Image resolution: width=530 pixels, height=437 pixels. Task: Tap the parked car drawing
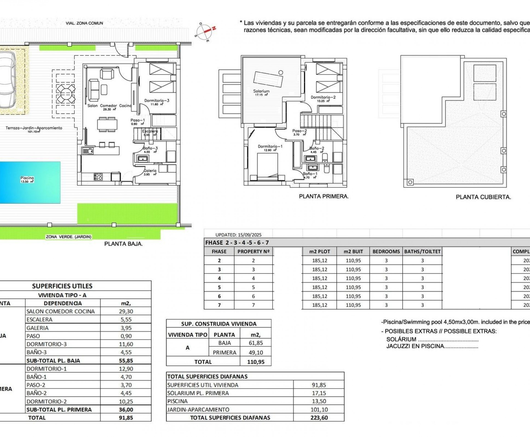pos(6,79)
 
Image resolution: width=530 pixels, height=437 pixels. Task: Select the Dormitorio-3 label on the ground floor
pos(157,101)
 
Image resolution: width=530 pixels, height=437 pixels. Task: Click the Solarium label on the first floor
pos(261,91)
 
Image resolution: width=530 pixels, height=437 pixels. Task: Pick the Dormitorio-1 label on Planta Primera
pos(270,147)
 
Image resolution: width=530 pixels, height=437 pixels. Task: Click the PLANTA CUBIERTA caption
pos(483,197)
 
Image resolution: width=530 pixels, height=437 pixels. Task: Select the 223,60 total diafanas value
pos(319,418)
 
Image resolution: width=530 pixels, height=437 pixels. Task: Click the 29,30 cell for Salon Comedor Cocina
pos(126,311)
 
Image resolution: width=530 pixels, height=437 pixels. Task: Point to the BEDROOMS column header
pos(386,251)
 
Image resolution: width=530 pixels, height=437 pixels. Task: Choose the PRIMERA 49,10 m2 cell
pos(256,352)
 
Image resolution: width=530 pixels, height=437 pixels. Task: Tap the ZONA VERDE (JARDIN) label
pos(69,237)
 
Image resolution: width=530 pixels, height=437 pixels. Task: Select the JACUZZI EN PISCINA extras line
pos(432,346)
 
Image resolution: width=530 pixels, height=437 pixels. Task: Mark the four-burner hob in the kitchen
pos(98,176)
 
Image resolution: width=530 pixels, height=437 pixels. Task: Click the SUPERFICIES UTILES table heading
pos(62,286)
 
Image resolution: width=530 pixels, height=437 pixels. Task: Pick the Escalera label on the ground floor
pos(150,131)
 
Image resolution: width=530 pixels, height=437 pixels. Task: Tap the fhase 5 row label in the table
pos(219,287)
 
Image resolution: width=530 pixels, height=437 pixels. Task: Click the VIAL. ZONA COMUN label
pos(84,23)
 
